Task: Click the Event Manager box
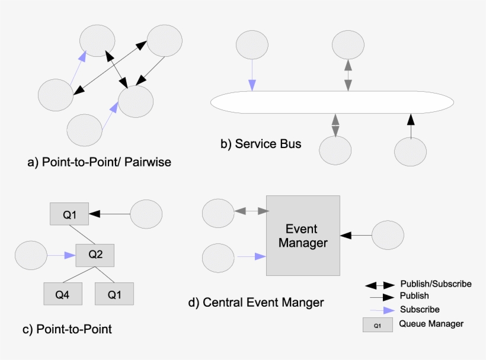[x=303, y=235]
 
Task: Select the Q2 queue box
[x=95, y=255]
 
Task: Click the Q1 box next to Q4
[x=114, y=294]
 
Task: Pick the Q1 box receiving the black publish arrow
[x=69, y=214]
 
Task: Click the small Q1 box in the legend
[x=378, y=324]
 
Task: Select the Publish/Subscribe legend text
[x=436, y=284]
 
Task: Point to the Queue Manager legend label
[x=431, y=324]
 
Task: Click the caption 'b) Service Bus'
[x=261, y=144]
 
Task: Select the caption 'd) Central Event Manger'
[x=256, y=303]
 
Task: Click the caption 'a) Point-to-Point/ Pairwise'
[x=100, y=162]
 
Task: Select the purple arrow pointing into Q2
[x=62, y=256]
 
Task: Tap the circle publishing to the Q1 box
[x=146, y=214]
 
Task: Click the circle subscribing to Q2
[x=30, y=256]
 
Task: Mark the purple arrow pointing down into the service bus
[x=252, y=75]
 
